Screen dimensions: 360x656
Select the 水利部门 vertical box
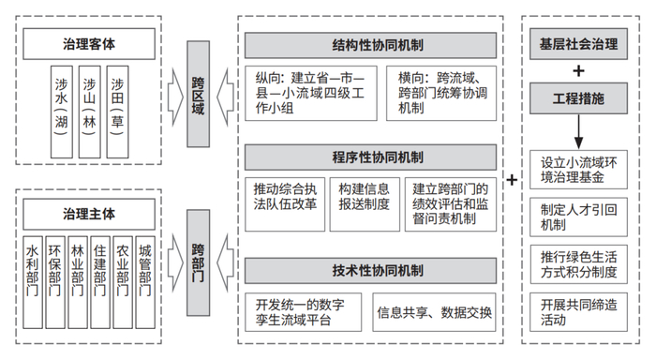click(x=34, y=273)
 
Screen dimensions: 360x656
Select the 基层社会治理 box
click(x=579, y=43)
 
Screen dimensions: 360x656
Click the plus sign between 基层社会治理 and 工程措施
click(x=579, y=70)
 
